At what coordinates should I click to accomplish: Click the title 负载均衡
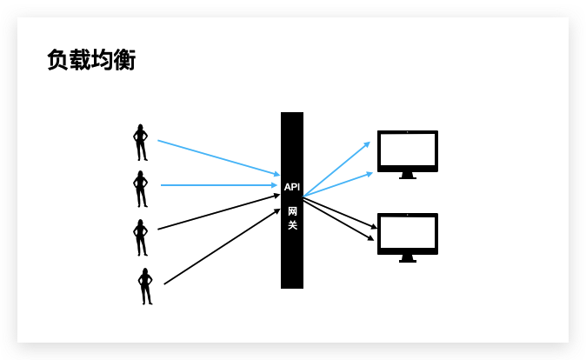click(91, 60)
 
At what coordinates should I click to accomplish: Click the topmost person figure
click(140, 143)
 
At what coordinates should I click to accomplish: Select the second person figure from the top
click(140, 189)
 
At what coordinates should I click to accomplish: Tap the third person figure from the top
click(140, 237)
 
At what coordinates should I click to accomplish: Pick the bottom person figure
click(145, 286)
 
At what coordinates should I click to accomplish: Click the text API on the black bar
click(292, 187)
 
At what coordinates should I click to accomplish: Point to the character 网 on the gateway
click(292, 210)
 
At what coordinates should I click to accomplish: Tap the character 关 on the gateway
click(292, 226)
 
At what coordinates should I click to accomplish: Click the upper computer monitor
click(407, 151)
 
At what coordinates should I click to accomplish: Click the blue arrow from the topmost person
click(217, 157)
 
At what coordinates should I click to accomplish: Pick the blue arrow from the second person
click(217, 185)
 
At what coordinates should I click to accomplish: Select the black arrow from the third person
click(217, 212)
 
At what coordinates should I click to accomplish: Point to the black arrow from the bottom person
click(222, 247)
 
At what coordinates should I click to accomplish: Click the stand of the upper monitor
click(407, 176)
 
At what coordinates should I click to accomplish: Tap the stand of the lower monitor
click(407, 257)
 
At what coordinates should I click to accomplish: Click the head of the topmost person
click(140, 127)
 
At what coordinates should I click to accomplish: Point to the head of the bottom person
click(145, 271)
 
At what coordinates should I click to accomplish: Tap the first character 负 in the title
click(58, 60)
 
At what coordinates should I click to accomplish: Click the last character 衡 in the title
click(124, 60)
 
